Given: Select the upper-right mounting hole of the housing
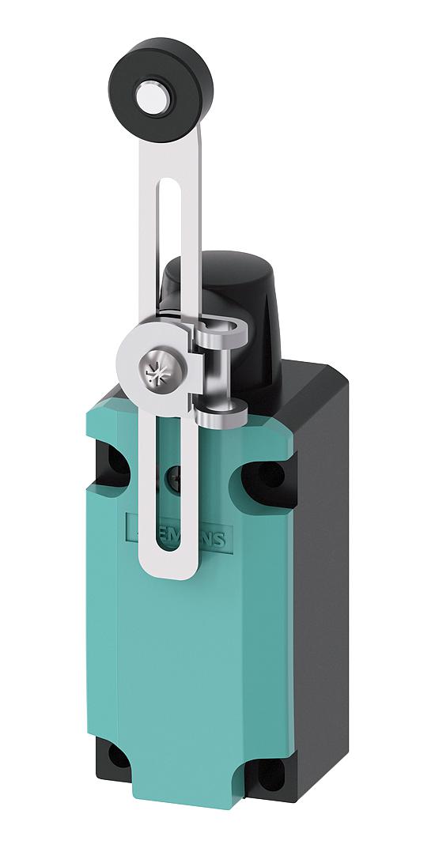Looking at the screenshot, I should pyautogui.click(x=271, y=475).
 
